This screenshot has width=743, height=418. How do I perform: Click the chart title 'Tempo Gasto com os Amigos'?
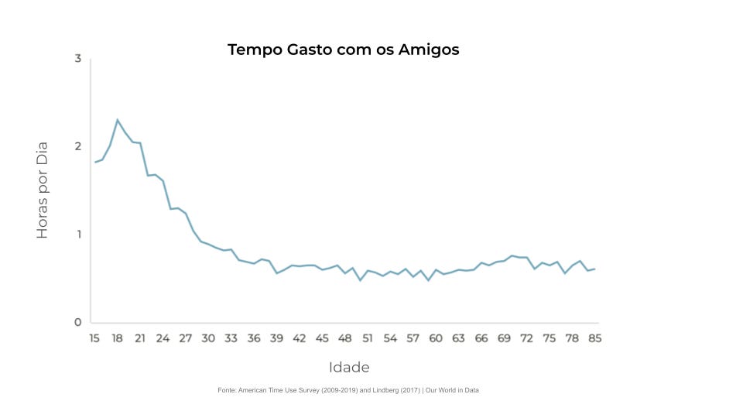(343, 50)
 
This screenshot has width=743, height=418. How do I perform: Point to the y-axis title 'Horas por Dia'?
(43, 190)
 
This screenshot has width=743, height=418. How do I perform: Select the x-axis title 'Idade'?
(349, 367)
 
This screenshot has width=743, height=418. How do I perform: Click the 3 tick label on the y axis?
(78, 59)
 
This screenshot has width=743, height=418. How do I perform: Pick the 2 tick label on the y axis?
(78, 146)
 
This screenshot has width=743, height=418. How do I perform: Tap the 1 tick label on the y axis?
(78, 235)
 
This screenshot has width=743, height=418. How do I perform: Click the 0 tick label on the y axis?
(78, 323)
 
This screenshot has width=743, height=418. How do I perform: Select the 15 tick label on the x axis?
(94, 338)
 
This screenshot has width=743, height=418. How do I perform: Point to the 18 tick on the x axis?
(117, 338)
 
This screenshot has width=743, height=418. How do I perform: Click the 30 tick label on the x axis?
(208, 338)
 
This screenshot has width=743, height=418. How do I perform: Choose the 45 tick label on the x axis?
(322, 338)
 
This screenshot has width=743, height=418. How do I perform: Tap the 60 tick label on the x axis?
(436, 338)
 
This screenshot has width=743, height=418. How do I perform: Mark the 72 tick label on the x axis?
(526, 338)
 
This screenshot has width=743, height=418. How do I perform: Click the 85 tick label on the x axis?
(595, 338)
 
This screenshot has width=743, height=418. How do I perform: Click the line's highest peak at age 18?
(117, 120)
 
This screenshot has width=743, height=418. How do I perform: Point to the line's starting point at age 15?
(94, 162)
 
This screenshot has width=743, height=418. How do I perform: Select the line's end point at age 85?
(594, 269)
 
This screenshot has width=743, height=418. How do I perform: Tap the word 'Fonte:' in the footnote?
(228, 390)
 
